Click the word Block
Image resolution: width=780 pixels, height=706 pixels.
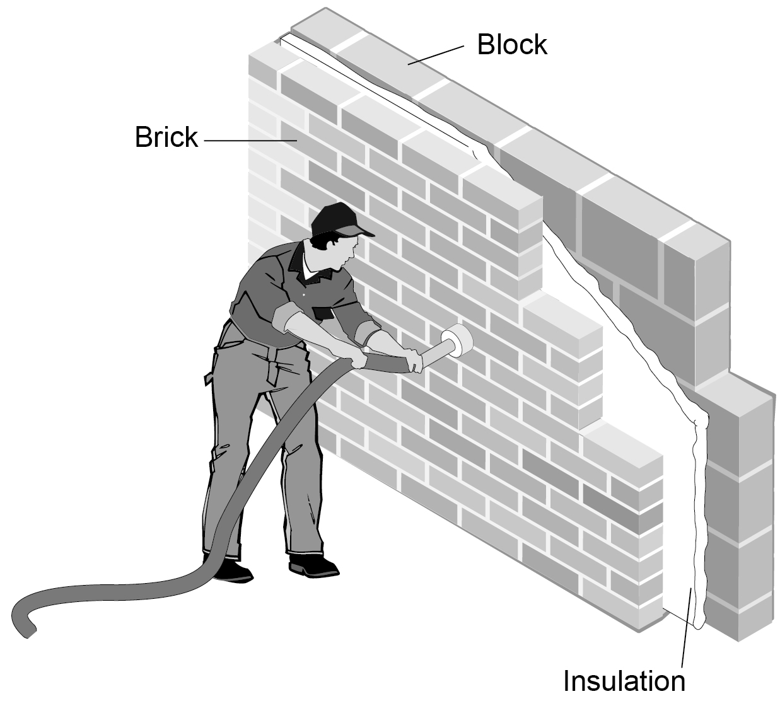(x=512, y=45)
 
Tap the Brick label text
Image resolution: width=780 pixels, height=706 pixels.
(x=166, y=137)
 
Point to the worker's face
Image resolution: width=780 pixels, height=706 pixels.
(x=347, y=253)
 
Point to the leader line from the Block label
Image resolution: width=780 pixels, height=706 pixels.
(x=436, y=55)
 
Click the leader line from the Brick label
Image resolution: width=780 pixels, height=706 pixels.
(x=251, y=141)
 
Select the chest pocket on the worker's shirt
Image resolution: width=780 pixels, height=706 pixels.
(x=322, y=313)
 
